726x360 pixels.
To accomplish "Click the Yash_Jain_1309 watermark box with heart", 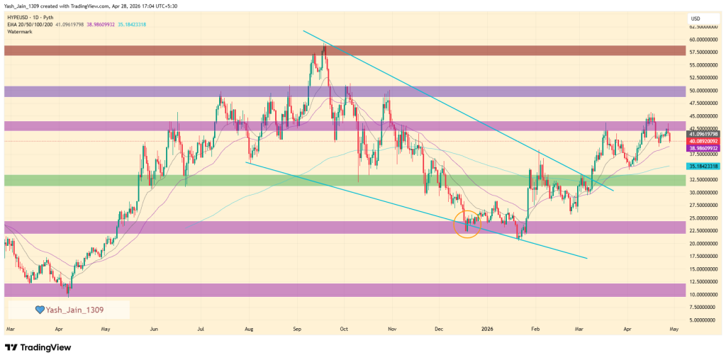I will coord(69,310).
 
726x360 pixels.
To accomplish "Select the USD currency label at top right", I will coord(696,18).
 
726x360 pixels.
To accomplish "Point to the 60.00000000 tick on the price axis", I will coord(703,40).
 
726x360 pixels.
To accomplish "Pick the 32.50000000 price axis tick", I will coord(703,180).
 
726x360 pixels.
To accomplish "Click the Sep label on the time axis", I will coord(297,330).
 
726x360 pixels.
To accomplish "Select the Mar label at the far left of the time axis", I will coord(10,330).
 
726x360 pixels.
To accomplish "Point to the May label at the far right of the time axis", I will coord(674,330).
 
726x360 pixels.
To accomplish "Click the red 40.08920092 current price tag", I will coord(703,141).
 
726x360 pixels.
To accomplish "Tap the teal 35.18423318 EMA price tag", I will coord(703,166).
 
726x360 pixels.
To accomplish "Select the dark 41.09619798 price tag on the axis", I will coord(703,133).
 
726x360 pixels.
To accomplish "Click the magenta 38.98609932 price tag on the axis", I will coord(703,148).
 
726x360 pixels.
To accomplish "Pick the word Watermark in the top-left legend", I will coord(20,31).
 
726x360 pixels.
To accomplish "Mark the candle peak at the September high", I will coord(325,44).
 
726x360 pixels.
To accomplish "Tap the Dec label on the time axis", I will coord(438,330).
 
